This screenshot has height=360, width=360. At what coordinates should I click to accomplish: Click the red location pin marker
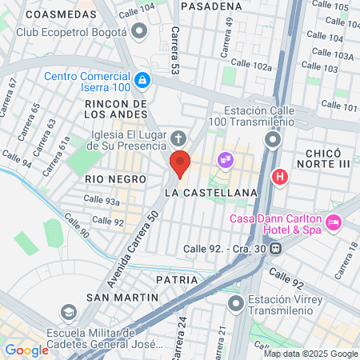coord(180,163)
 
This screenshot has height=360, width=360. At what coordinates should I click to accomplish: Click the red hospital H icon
coord(280,177)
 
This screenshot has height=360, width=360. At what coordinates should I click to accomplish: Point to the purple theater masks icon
coord(226,159)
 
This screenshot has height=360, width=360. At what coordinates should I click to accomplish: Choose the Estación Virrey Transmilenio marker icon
coord(236,303)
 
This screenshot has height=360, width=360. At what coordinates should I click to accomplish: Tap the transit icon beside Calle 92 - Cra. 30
coord(276,247)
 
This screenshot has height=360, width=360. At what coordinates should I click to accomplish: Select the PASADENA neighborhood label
coord(211,6)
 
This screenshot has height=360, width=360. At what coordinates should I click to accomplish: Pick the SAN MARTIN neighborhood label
coord(122,297)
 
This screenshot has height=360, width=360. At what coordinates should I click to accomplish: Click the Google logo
coord(26,350)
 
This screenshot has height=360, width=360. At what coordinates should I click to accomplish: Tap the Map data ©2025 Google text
coord(310,354)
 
